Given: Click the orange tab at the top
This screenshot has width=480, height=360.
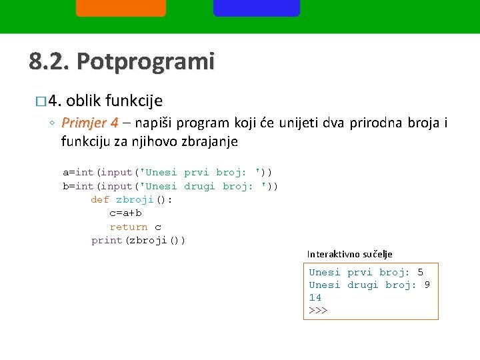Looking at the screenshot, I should pos(121,7).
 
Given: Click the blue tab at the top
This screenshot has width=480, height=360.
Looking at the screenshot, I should pos(256,7).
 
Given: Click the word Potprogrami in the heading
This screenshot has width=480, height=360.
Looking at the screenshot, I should pos(146,62).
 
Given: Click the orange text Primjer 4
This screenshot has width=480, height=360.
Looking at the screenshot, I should pos(89,123).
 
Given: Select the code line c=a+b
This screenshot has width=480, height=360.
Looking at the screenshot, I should pos(125,213).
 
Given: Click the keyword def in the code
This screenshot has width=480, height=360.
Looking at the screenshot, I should pos(100,200).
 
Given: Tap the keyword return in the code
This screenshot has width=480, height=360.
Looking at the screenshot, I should pos(129,227).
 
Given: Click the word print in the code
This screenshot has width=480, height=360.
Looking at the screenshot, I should pos(107,240).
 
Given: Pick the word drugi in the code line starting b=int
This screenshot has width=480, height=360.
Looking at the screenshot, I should pos(200,186).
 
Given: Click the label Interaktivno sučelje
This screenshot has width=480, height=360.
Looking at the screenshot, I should pos(349,254).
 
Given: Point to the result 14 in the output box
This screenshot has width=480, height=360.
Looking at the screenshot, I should pos(315,297).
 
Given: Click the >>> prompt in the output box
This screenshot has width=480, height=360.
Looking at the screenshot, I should pos(318,311).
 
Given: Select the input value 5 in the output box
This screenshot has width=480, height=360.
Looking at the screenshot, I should pos(420,272).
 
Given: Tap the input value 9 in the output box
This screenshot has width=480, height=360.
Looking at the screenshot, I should pos(427,285).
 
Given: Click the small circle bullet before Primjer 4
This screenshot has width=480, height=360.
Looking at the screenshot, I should pos(52,124).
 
